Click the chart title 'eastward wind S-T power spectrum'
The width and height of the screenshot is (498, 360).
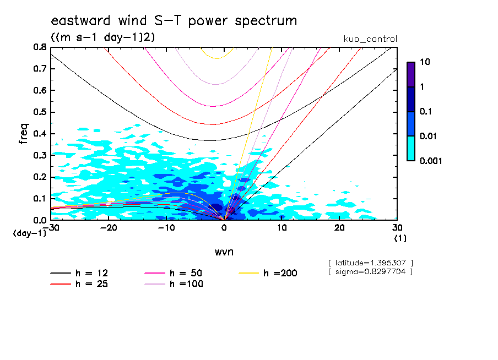tap(174, 21)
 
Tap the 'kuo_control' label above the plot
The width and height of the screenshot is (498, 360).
tap(370, 39)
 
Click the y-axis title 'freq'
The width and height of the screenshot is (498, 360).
tap(23, 133)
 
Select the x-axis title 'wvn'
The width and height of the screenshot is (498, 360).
tap(224, 252)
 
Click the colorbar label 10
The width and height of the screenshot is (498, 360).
tap(425, 62)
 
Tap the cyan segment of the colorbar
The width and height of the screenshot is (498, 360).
tap(411, 148)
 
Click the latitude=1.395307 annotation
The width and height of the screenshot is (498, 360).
tap(370, 263)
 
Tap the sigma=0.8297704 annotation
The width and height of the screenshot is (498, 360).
tap(370, 272)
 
